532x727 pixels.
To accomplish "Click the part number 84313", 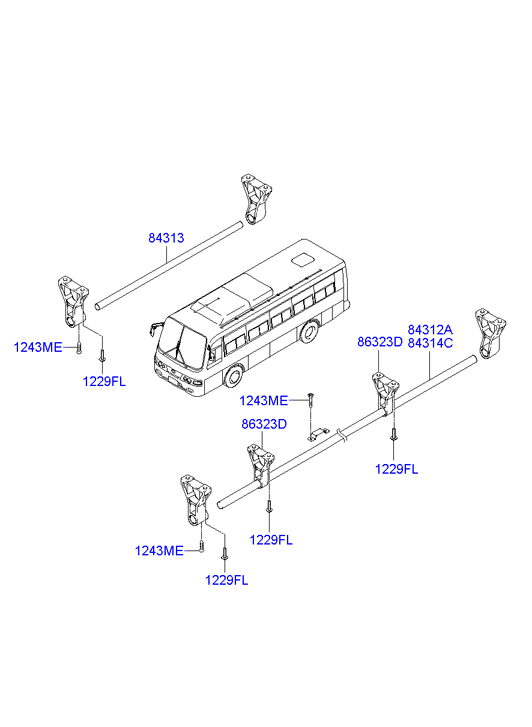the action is tap(166, 238).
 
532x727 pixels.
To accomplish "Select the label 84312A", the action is tap(430, 330).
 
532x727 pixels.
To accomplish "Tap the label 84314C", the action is tap(430, 343).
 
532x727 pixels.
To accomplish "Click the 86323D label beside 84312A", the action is tap(379, 342).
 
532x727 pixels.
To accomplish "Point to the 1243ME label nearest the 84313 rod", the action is tap(38, 347).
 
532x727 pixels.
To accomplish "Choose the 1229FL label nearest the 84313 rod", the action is tap(104, 382).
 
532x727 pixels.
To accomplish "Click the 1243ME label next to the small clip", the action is tap(263, 400).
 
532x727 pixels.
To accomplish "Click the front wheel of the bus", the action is tap(234, 376).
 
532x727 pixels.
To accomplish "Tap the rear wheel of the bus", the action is tap(309, 331).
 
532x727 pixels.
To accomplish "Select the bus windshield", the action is tap(183, 344).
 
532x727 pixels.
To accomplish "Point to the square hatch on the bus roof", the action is tap(302, 259).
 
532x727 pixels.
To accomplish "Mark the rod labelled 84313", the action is tap(169, 266).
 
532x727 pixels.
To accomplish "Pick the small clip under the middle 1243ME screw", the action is tap(318, 434).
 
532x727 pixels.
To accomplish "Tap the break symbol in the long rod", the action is tap(341, 435).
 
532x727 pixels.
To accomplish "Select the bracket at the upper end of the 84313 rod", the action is tap(256, 199).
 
